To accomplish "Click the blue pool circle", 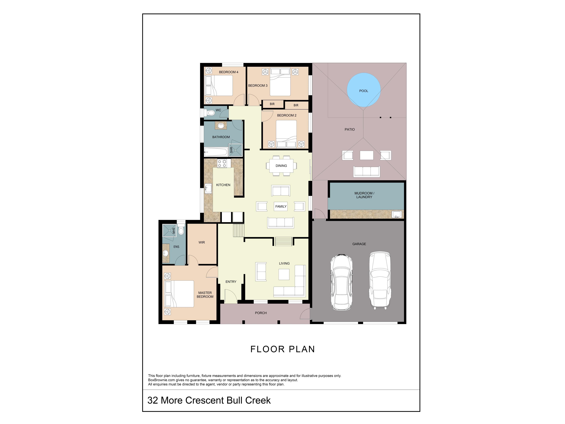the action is pyautogui.click(x=364, y=90).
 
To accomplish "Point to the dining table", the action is pyautogui.click(x=281, y=166).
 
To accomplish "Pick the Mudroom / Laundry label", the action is pyautogui.click(x=364, y=195).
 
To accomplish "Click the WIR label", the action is pyautogui.click(x=202, y=242).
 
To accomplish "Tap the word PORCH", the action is pyautogui.click(x=261, y=313).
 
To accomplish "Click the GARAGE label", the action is pyautogui.click(x=359, y=244).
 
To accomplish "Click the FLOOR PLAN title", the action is pyautogui.click(x=282, y=349).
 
